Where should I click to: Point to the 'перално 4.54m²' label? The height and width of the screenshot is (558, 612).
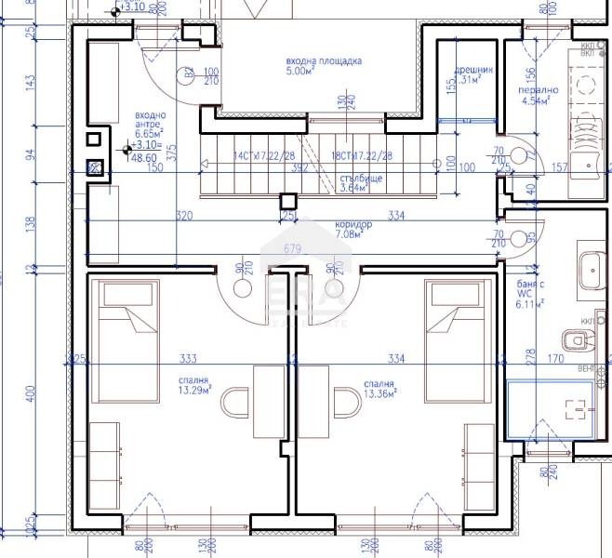(x=539, y=96)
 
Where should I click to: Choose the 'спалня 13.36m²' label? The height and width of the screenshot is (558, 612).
(x=380, y=387)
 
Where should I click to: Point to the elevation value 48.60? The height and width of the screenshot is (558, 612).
(x=144, y=158)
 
